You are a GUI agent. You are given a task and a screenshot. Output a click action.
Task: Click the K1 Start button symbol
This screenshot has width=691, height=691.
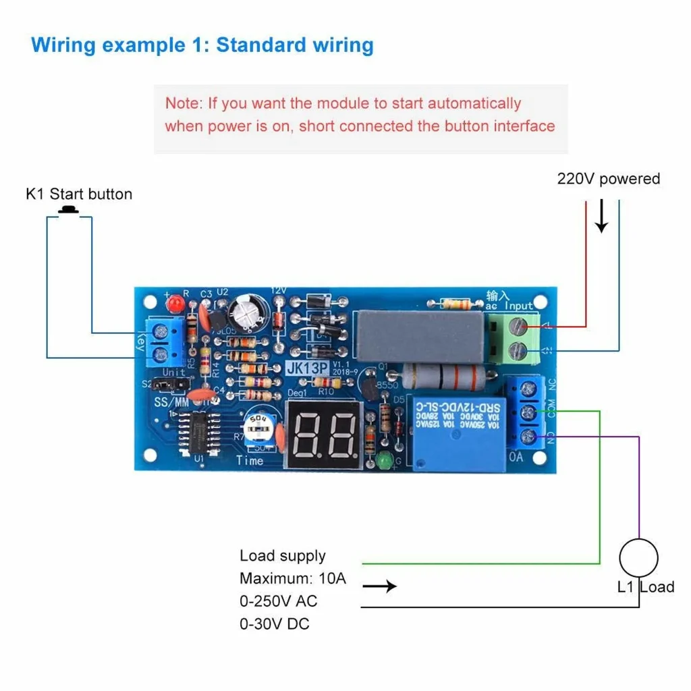68,211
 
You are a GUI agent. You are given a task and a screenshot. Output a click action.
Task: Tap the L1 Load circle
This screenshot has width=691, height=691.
638,558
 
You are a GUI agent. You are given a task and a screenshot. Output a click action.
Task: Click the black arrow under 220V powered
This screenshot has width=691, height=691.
601,219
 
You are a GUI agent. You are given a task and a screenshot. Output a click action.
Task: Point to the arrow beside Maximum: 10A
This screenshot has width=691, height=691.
380,586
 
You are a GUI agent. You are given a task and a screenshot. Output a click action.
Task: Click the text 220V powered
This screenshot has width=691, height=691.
608,179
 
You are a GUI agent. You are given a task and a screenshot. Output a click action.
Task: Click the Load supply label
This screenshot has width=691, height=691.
282,556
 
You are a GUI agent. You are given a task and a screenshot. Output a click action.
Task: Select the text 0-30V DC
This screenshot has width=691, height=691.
274,624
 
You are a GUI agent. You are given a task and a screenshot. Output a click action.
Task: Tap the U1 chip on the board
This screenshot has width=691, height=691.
200,432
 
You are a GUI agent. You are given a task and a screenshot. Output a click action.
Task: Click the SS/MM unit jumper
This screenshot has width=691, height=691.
168,385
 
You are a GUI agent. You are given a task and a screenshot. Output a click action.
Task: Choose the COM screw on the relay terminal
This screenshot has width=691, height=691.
530,412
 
